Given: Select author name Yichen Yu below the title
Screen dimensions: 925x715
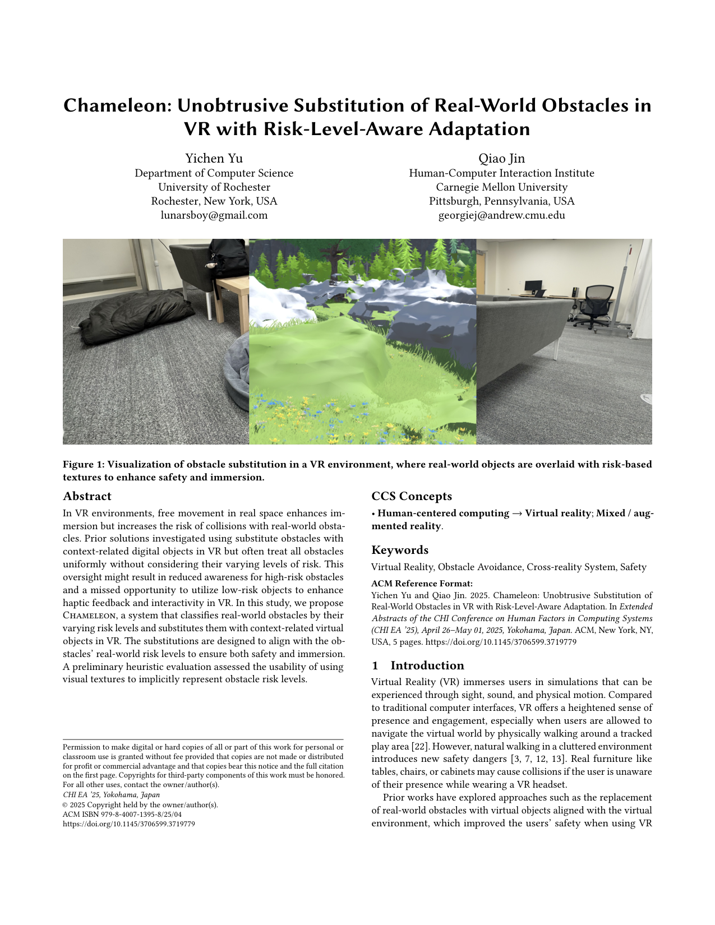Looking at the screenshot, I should pyautogui.click(x=214, y=158).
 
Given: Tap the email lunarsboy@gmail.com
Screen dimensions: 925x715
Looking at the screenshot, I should pyautogui.click(x=214, y=215).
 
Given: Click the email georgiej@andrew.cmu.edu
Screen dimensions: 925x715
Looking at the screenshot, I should pyautogui.click(x=501, y=215).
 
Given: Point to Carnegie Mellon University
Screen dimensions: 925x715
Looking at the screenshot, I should pyautogui.click(x=501, y=187).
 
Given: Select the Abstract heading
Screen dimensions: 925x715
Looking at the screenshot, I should pyautogui.click(x=87, y=496).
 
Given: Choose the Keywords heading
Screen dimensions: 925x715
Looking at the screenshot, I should pyautogui.click(x=400, y=550).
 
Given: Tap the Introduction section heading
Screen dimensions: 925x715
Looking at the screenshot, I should pyautogui.click(x=427, y=665).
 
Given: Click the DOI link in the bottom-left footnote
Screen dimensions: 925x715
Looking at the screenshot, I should pyautogui.click(x=128, y=824).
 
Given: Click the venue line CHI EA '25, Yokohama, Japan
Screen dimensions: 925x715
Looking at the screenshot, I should pyautogui.click(x=111, y=795).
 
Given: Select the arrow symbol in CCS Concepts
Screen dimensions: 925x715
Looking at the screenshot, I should pyautogui.click(x=517, y=514).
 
